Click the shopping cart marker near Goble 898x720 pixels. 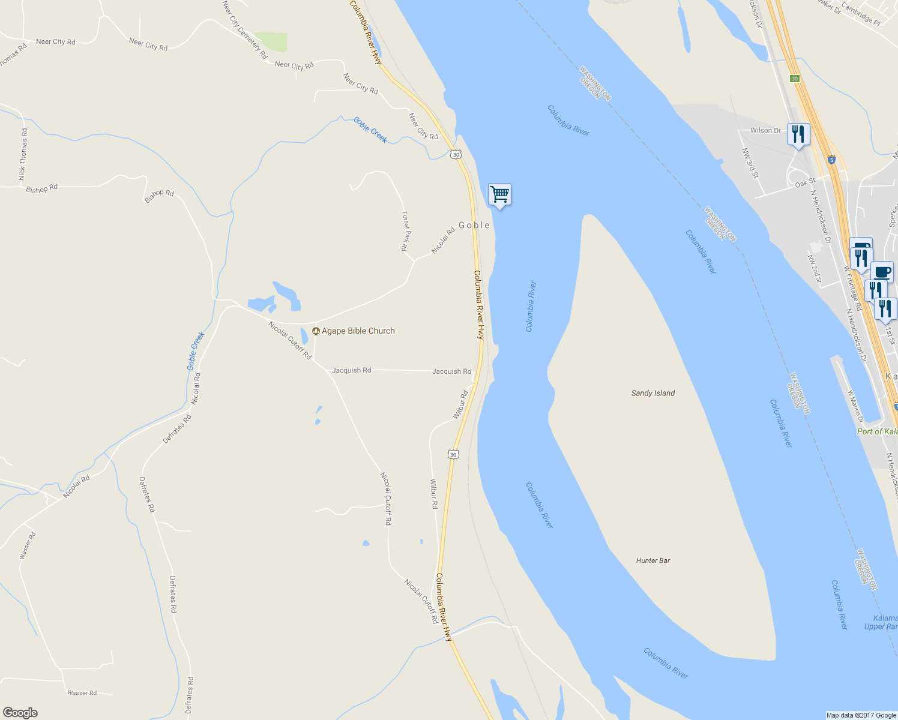click(499, 194)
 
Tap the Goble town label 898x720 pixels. click(474, 225)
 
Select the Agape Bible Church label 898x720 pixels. click(358, 331)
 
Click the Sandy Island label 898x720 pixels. click(653, 393)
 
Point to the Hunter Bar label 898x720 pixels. click(653, 560)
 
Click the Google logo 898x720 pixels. click(20, 713)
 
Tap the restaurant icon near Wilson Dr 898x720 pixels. click(798, 134)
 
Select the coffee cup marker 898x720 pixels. click(882, 271)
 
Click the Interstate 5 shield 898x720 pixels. click(831, 160)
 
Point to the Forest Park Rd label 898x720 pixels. click(406, 231)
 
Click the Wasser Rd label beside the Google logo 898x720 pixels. click(82, 693)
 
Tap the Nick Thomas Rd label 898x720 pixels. click(23, 154)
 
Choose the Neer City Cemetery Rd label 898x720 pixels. click(244, 29)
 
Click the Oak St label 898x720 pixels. click(805, 182)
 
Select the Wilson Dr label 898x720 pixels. click(765, 130)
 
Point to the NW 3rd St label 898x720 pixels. click(750, 163)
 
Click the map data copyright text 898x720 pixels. click(861, 715)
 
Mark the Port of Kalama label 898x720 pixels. click(877, 431)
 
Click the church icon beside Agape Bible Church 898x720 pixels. click(316, 331)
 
